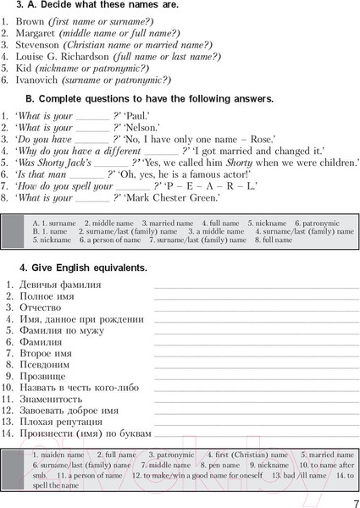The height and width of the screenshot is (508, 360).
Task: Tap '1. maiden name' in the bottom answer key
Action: [x=55, y=455]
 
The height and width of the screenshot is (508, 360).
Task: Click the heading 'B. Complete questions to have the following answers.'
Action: [x=156, y=98]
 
